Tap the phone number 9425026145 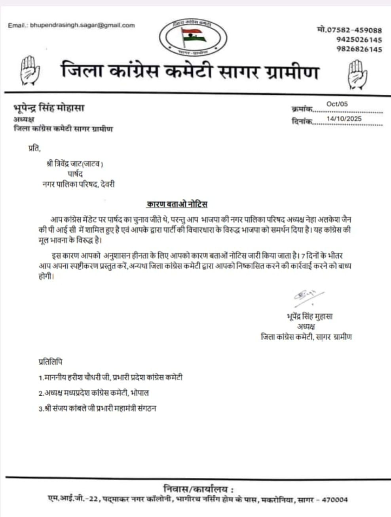(359, 40)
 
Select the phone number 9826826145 (359, 49)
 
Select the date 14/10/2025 (344, 118)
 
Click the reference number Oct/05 (337, 104)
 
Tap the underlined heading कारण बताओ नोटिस (177, 204)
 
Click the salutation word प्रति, (34, 149)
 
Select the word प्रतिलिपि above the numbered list (50, 361)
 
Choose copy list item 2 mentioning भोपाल (94, 393)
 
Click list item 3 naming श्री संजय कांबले (97, 408)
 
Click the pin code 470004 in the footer (334, 500)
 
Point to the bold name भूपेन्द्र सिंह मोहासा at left (49, 108)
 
